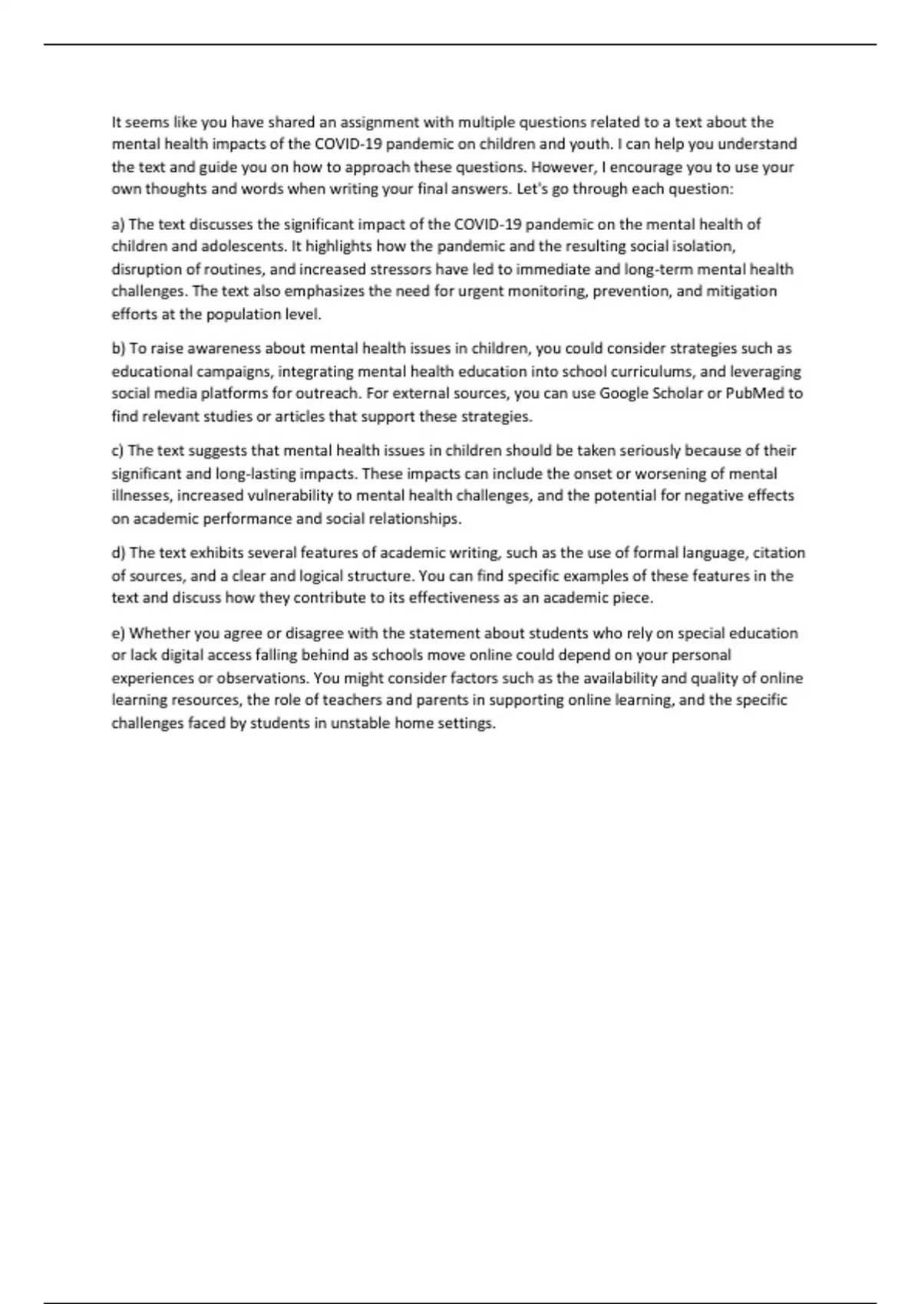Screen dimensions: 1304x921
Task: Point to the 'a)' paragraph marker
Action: click(x=118, y=224)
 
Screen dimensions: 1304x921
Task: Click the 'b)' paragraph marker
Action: click(x=118, y=348)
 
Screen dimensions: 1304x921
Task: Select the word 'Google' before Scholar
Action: click(x=623, y=394)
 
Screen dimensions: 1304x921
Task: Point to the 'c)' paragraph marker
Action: click(x=117, y=450)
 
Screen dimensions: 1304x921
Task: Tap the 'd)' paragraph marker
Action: click(x=118, y=553)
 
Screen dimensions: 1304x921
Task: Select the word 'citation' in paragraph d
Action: click(x=779, y=553)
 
